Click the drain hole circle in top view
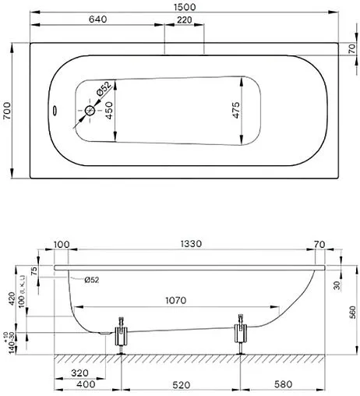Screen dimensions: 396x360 (90, 112)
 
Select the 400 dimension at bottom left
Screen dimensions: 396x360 (86, 386)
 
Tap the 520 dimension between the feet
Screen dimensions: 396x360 (180, 386)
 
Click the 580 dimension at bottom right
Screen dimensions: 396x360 (283, 386)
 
